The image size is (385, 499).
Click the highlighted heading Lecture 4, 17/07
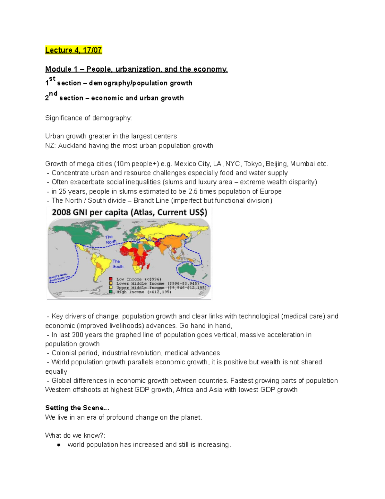pyautogui.click(x=73, y=50)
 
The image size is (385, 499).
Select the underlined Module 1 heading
pyautogui.click(x=136, y=69)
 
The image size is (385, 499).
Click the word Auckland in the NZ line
pyautogui.click(x=72, y=146)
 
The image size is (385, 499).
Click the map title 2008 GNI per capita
pyautogui.click(x=129, y=212)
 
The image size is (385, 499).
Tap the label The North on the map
pyautogui.click(x=110, y=239)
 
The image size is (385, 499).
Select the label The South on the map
pyautogui.click(x=117, y=264)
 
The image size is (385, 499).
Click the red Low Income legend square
pyautogui.click(x=111, y=279)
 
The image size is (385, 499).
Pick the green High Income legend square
pyautogui.click(x=111, y=292)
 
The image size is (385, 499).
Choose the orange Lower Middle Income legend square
pyautogui.click(x=111, y=283)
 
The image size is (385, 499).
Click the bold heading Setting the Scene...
pyautogui.click(x=77, y=408)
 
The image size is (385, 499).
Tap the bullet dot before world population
pyautogui.click(x=58, y=445)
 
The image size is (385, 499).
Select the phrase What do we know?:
pyautogui.click(x=75, y=435)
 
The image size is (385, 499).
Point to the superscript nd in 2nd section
pyautogui.click(x=53, y=94)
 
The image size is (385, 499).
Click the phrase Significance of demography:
pyautogui.click(x=88, y=118)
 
